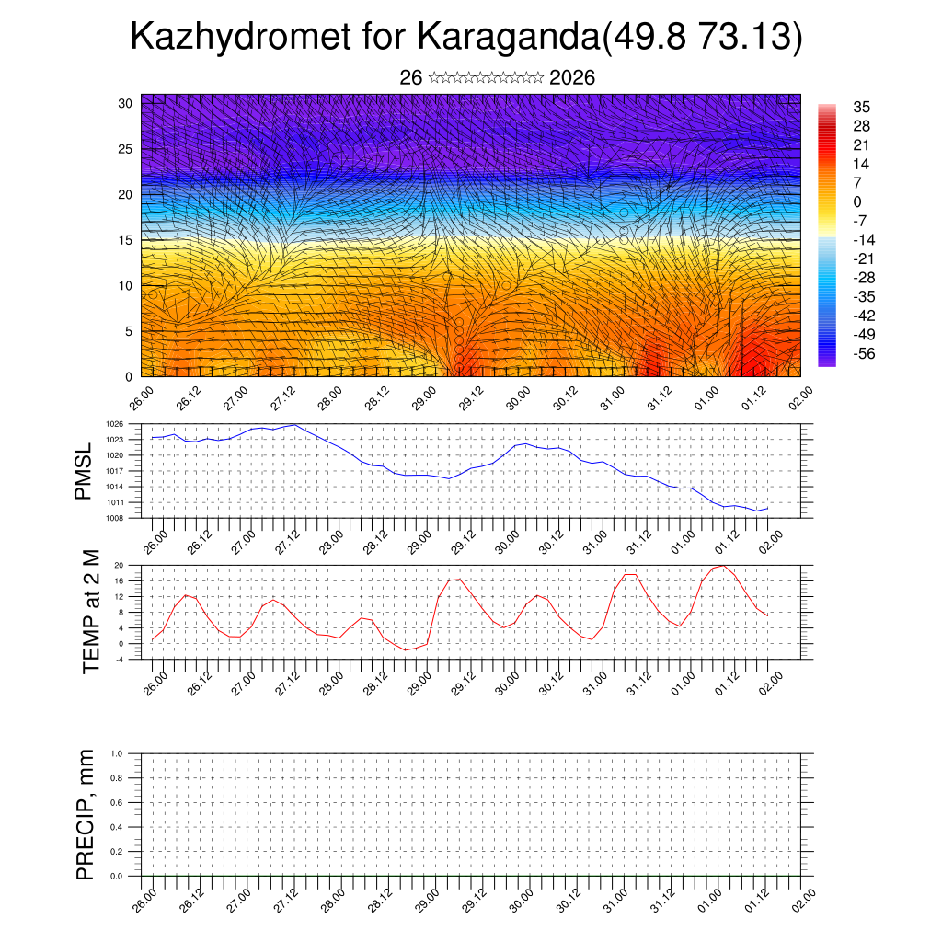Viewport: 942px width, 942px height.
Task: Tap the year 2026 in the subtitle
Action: pyautogui.click(x=571, y=78)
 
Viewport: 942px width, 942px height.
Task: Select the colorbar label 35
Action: pyautogui.click(x=863, y=107)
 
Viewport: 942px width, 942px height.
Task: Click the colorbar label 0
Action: pyautogui.click(x=857, y=201)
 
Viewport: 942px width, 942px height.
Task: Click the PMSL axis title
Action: pyautogui.click(x=85, y=471)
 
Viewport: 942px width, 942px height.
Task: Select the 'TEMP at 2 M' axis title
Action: pyautogui.click(x=90, y=611)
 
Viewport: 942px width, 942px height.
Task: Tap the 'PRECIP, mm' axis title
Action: pyautogui.click(x=86, y=814)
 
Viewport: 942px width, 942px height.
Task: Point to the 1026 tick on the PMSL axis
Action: pyautogui.click(x=114, y=424)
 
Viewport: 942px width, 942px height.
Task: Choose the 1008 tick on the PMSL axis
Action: pyautogui.click(x=114, y=518)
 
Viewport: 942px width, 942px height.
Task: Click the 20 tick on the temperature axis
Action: pyautogui.click(x=119, y=565)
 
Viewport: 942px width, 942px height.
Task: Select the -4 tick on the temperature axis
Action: pyautogui.click(x=119, y=659)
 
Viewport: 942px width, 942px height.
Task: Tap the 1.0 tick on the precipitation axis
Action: pyautogui.click(x=116, y=753)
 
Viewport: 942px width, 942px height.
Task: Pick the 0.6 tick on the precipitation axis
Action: pyautogui.click(x=116, y=802)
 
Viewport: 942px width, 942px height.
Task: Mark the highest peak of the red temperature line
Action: pyautogui.click(x=724, y=566)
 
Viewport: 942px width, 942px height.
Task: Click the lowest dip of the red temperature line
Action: pyautogui.click(x=406, y=650)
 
